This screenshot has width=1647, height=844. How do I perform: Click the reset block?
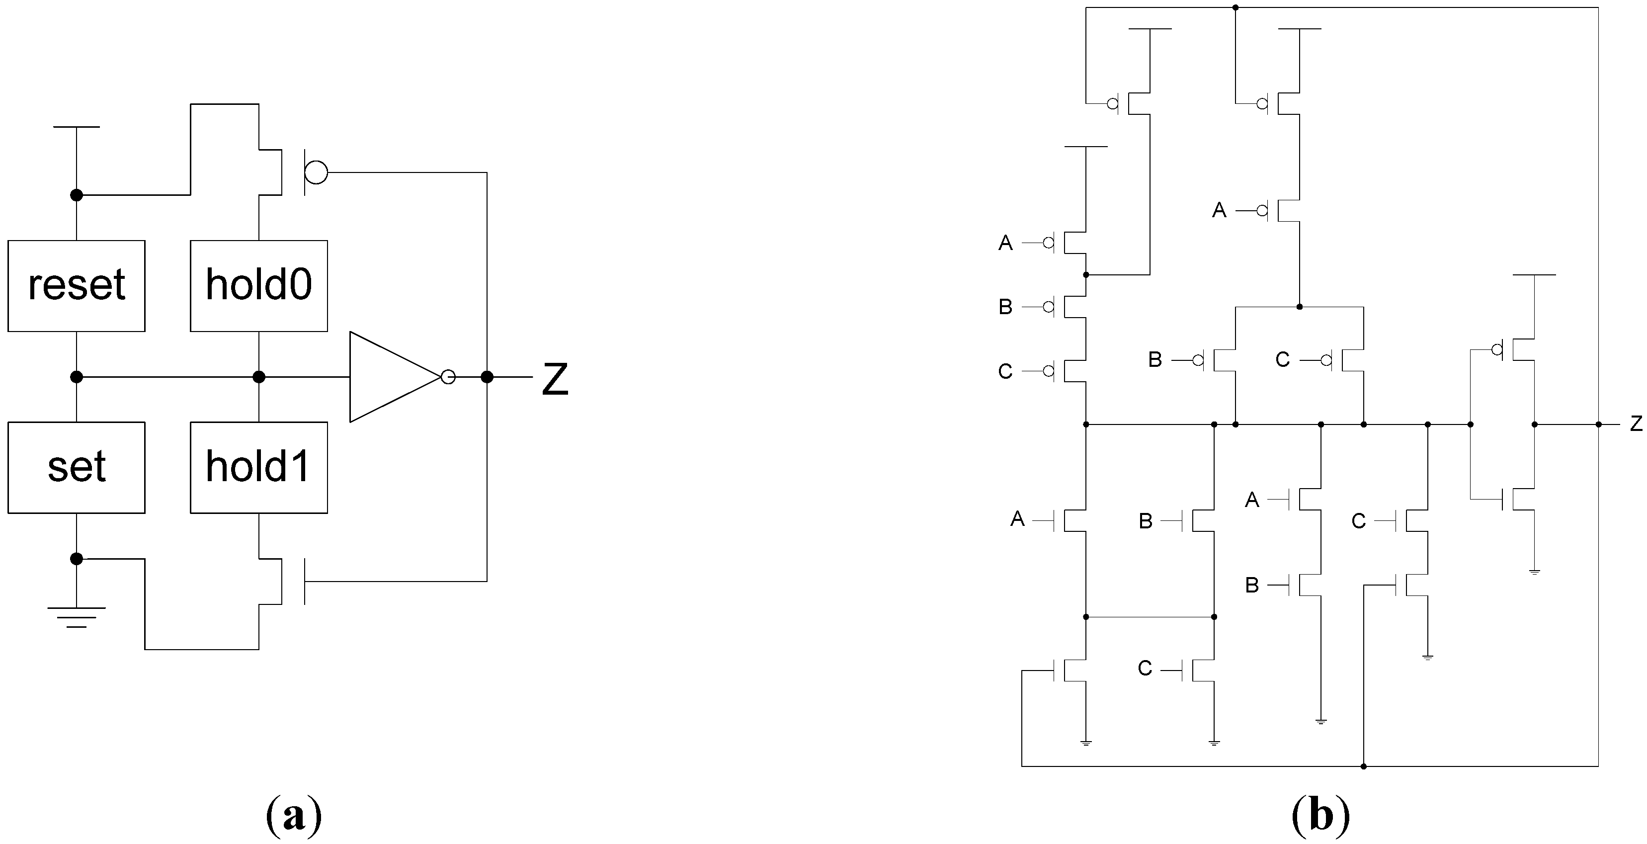(x=76, y=286)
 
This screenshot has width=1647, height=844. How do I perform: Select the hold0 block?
(x=258, y=286)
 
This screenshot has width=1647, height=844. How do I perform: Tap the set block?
(x=76, y=467)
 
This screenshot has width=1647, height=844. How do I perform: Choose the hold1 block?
(x=258, y=467)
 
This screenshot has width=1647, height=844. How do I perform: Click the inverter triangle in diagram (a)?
(x=390, y=377)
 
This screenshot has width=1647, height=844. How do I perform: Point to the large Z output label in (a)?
(x=554, y=379)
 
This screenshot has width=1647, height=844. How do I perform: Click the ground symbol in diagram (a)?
(x=76, y=617)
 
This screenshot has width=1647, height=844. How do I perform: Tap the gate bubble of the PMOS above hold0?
(x=316, y=172)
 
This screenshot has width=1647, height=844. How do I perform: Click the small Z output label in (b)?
(x=1636, y=423)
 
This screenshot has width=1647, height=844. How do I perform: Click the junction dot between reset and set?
(x=76, y=377)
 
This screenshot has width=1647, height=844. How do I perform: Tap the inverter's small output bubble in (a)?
(x=448, y=377)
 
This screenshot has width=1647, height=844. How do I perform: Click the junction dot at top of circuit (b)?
(x=1235, y=7)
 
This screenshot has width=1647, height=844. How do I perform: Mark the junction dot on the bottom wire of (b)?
(x=1363, y=766)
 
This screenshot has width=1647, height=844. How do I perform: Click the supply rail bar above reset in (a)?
(x=76, y=127)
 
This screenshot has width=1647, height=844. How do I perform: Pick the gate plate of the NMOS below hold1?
(x=305, y=581)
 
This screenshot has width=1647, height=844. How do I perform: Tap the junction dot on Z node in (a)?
(x=487, y=377)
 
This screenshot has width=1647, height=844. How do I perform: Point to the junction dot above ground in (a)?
(x=76, y=559)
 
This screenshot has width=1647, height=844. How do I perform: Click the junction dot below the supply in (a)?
(x=76, y=195)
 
